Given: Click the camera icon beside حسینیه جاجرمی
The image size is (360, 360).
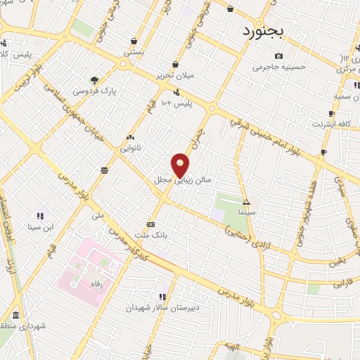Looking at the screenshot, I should (279, 56).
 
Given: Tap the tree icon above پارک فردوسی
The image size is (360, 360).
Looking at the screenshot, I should (95, 79).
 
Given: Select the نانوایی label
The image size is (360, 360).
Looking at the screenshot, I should (131, 149).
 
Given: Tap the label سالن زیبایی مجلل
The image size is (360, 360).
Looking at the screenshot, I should (174, 180).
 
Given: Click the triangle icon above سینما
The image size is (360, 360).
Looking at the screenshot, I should (246, 201).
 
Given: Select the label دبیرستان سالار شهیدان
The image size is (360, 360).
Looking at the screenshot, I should (163, 308).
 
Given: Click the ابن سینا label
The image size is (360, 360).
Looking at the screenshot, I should (41, 226).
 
